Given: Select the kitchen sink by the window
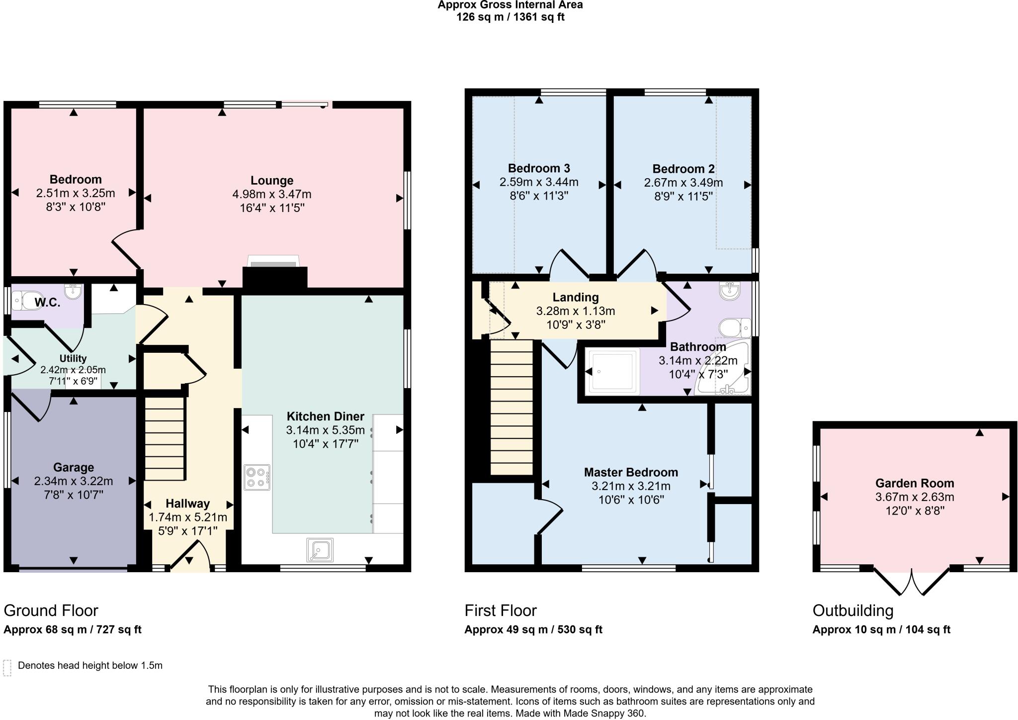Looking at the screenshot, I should point(320,549).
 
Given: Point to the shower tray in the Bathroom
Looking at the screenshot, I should point(612,372).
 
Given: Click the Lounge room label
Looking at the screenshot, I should point(272,181).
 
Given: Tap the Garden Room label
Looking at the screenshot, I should point(914,483).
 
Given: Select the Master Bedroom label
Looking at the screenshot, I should point(631,472).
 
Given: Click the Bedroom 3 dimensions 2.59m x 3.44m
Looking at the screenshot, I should point(539,183).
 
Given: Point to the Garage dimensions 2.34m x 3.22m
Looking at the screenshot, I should point(74,481).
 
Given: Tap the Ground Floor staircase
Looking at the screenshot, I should point(165,438).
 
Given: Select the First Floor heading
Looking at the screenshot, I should point(500,611).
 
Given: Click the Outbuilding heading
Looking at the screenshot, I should point(852,611).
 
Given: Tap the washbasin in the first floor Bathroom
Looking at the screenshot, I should point(730,291).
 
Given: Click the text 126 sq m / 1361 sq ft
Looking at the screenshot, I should point(510,17).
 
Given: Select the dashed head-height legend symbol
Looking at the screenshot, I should point(7,668).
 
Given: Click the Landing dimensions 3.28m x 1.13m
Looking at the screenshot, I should point(575,311).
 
